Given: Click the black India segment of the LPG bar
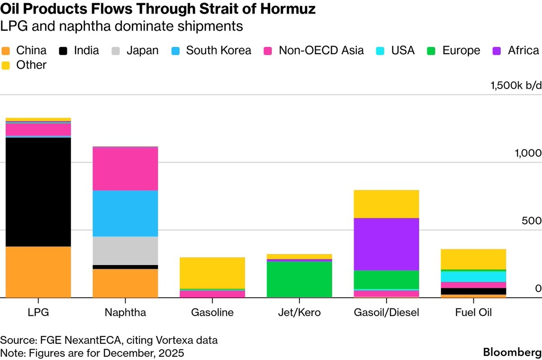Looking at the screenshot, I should [x=38, y=192].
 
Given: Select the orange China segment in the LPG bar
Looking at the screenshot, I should [x=38, y=272].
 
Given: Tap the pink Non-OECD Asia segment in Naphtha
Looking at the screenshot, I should [x=125, y=169].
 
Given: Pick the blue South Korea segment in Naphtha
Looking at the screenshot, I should [x=125, y=213].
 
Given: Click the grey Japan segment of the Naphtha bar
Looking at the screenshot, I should [x=125, y=251].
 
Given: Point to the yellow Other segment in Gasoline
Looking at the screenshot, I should [x=212, y=273].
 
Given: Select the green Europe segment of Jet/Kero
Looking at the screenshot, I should [x=299, y=279].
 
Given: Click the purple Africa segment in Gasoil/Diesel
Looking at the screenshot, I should [x=386, y=244].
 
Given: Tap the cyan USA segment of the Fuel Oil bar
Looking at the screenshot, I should [x=473, y=276].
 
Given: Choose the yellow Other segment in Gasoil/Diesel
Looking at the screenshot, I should [x=386, y=204].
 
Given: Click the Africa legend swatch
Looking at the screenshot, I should [x=497, y=50].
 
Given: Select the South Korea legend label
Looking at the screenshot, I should [x=219, y=50].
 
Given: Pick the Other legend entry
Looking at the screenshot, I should [x=31, y=65].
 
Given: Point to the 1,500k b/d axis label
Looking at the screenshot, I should [x=516, y=86].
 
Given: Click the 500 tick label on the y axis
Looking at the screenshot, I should [x=533, y=220].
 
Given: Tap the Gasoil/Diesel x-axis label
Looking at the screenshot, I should [x=387, y=312].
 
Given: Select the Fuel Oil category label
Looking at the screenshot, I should [x=473, y=312].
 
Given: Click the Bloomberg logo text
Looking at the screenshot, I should [x=512, y=352].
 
